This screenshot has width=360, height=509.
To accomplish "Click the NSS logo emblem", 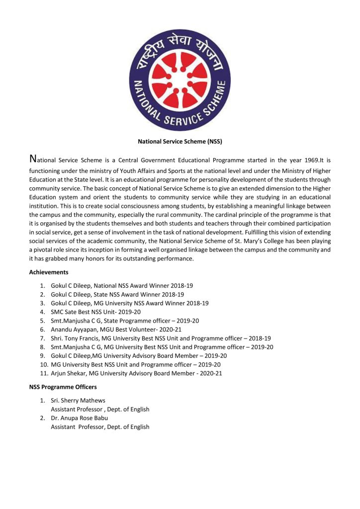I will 180,77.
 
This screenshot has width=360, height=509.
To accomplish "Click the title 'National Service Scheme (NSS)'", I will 180,141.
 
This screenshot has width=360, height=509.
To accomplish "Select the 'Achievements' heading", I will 49,272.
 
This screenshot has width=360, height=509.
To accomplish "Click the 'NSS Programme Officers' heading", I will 63,387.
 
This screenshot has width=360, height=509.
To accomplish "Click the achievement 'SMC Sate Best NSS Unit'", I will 89,312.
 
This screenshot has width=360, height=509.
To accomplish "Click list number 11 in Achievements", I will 42,373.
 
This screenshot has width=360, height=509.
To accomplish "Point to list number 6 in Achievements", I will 43,329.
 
